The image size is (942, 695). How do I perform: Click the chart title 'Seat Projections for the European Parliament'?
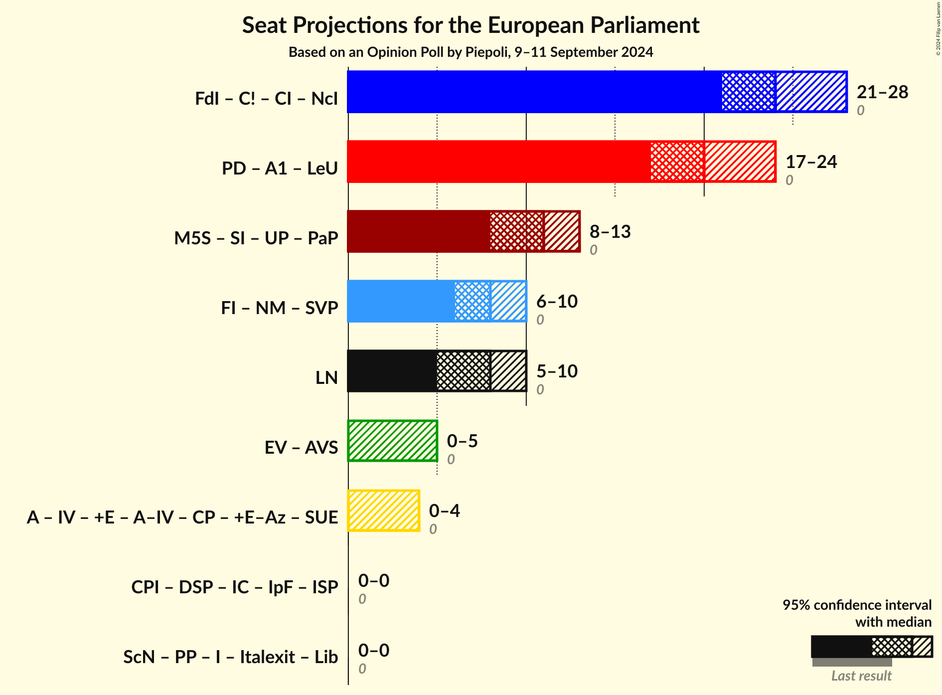coord(471,25)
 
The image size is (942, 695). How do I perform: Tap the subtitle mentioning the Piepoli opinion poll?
coord(471,52)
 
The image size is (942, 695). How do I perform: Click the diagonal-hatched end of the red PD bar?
coord(740,162)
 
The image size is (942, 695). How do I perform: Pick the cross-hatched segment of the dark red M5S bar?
coord(516,231)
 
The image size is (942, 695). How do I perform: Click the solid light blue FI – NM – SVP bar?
coord(401,301)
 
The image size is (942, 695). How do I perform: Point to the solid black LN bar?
coord(392,371)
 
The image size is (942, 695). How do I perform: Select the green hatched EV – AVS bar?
coord(393,441)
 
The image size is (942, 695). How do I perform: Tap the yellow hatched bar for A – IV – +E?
coord(384,511)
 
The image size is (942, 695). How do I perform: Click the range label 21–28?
coord(882,92)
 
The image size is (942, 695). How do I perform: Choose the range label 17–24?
coord(811,162)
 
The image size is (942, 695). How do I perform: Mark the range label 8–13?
coord(610,232)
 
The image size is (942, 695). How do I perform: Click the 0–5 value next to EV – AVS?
coord(462,441)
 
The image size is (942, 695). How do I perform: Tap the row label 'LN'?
coord(327,378)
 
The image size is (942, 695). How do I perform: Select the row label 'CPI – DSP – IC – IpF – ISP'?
coord(235,587)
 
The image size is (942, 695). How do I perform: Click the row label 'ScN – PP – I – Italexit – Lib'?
coord(231,657)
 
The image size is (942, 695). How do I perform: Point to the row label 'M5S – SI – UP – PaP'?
coord(256,238)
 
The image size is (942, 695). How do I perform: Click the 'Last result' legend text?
coord(861,676)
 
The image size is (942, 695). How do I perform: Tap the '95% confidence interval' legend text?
coord(857,605)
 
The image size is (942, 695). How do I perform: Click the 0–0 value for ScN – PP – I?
coord(374,651)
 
